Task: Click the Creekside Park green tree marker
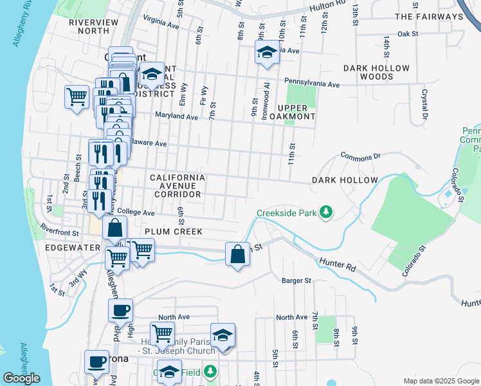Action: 327,212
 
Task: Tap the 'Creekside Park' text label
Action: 287,212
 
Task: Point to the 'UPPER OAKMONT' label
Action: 296,112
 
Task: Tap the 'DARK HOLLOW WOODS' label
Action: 376,72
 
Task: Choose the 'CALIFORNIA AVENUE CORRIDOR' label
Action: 177,185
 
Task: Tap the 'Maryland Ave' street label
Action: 176,117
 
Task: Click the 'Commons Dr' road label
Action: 361,156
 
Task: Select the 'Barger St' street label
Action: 296,280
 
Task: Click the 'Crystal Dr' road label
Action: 424,104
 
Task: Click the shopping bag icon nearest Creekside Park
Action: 238,253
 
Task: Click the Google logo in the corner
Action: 21,379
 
